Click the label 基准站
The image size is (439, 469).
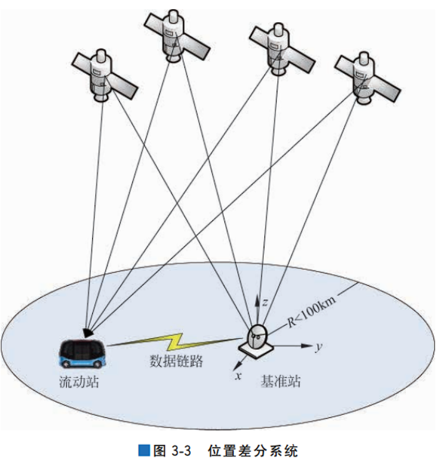point(281,381)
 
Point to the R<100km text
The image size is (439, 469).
point(311,311)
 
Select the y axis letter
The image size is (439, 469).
point(319,348)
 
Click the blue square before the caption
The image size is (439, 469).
point(144,451)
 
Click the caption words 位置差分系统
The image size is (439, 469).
point(252,451)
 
